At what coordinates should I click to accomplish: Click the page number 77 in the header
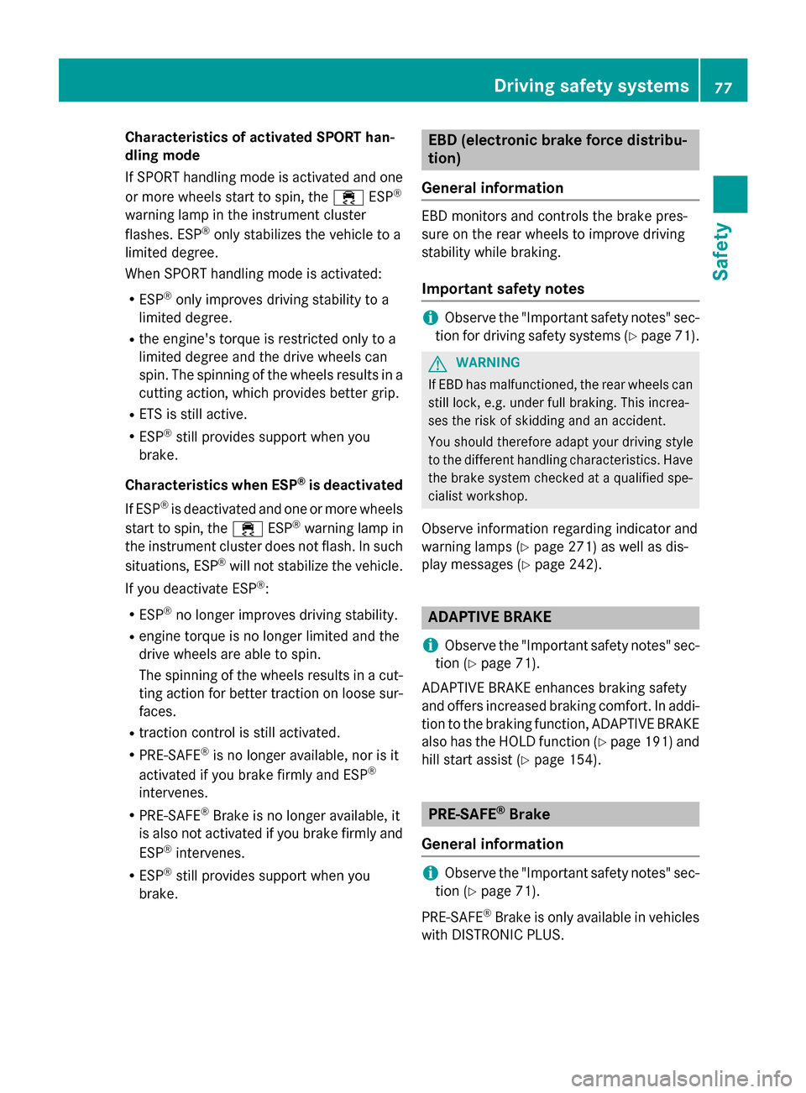click(x=723, y=87)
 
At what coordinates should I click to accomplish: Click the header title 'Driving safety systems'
click(x=591, y=86)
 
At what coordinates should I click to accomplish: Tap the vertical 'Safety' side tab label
click(x=720, y=252)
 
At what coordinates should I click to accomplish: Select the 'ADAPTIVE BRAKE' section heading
click(x=489, y=617)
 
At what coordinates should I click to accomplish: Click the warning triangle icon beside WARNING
click(x=437, y=363)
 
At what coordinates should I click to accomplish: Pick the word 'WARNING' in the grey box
click(x=488, y=363)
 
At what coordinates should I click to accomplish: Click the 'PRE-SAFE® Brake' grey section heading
click(x=489, y=814)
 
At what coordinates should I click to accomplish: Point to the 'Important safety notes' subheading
click(x=503, y=289)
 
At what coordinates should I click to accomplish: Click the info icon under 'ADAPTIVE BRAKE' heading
click(x=430, y=646)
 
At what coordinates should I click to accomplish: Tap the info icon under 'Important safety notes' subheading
click(x=430, y=317)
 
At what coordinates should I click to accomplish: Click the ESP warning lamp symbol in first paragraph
click(x=348, y=197)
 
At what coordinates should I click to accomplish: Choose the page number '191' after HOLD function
click(x=657, y=742)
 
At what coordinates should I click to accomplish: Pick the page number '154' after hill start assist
click(x=582, y=760)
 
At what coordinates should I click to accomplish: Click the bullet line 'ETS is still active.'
click(x=192, y=415)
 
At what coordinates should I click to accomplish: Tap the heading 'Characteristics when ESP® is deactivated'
click(x=264, y=485)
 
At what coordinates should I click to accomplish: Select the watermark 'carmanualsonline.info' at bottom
click(x=681, y=1078)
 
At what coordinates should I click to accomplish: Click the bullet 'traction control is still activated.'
click(x=239, y=733)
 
